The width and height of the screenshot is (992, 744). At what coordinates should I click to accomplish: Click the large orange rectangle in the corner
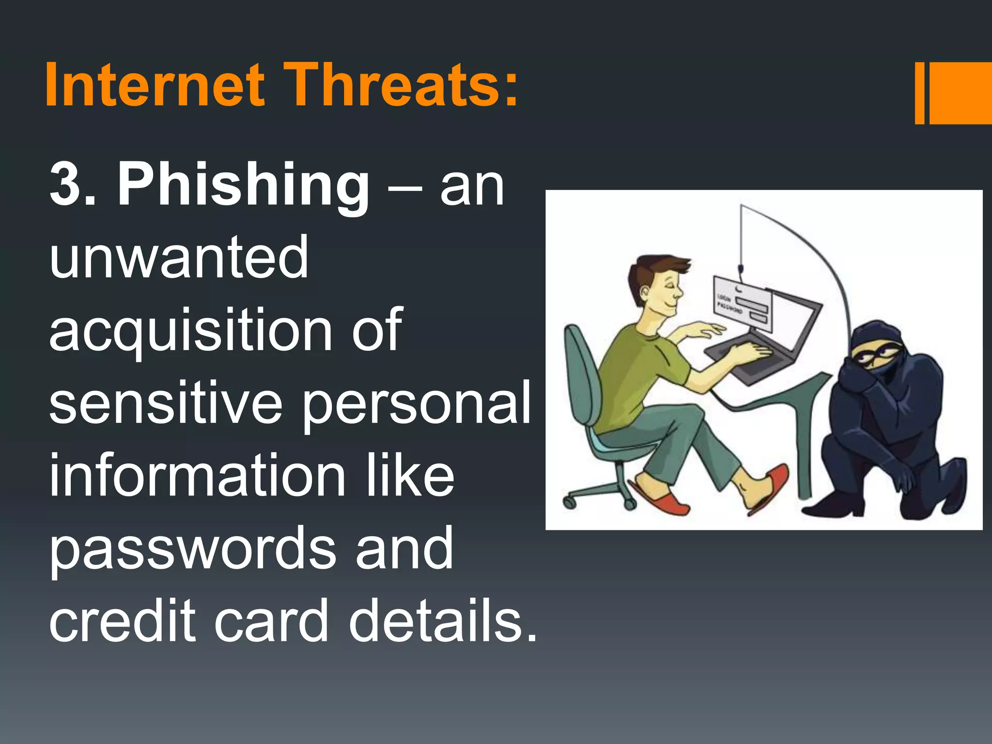tap(960, 93)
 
